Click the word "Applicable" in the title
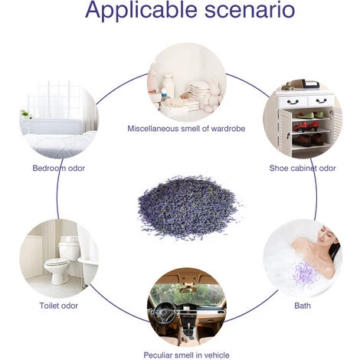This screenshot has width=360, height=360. click(141, 10)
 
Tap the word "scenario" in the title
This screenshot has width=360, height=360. click(250, 10)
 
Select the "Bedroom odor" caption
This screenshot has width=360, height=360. click(59, 169)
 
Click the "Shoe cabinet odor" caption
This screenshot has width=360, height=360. click(303, 169)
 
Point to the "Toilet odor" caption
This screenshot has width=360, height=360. click(59, 306)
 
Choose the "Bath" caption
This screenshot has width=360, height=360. click(303, 306)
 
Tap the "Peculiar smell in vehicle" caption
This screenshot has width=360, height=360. click(186, 355)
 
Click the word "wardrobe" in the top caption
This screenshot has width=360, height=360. click(227, 129)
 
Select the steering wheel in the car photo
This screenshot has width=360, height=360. click(165, 313)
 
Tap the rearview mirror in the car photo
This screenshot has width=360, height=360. click(188, 290)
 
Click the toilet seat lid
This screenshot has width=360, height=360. click(57, 263)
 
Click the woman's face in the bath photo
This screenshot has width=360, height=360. click(326, 235)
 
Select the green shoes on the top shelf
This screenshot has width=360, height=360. click(309, 115)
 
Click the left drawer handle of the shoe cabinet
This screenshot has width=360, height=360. click(293, 102)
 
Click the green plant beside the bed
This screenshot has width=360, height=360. click(25, 114)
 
